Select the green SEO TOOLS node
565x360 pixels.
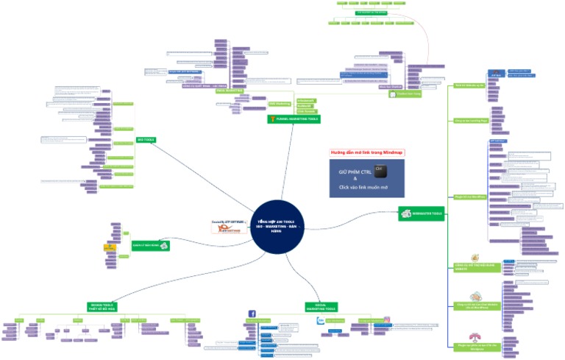click(x=146, y=139)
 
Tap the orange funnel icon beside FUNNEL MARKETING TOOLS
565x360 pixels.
click(x=274, y=119)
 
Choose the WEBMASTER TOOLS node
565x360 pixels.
click(x=426, y=213)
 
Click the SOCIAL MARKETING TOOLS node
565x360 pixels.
click(x=321, y=307)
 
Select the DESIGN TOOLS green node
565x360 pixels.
click(x=103, y=306)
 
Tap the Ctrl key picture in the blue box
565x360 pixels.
click(x=380, y=170)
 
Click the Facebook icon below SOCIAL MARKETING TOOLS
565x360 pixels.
click(x=252, y=314)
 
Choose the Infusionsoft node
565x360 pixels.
click(x=305, y=100)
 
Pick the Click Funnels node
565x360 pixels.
click(x=305, y=110)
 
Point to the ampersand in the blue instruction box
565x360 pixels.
click(x=355, y=179)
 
